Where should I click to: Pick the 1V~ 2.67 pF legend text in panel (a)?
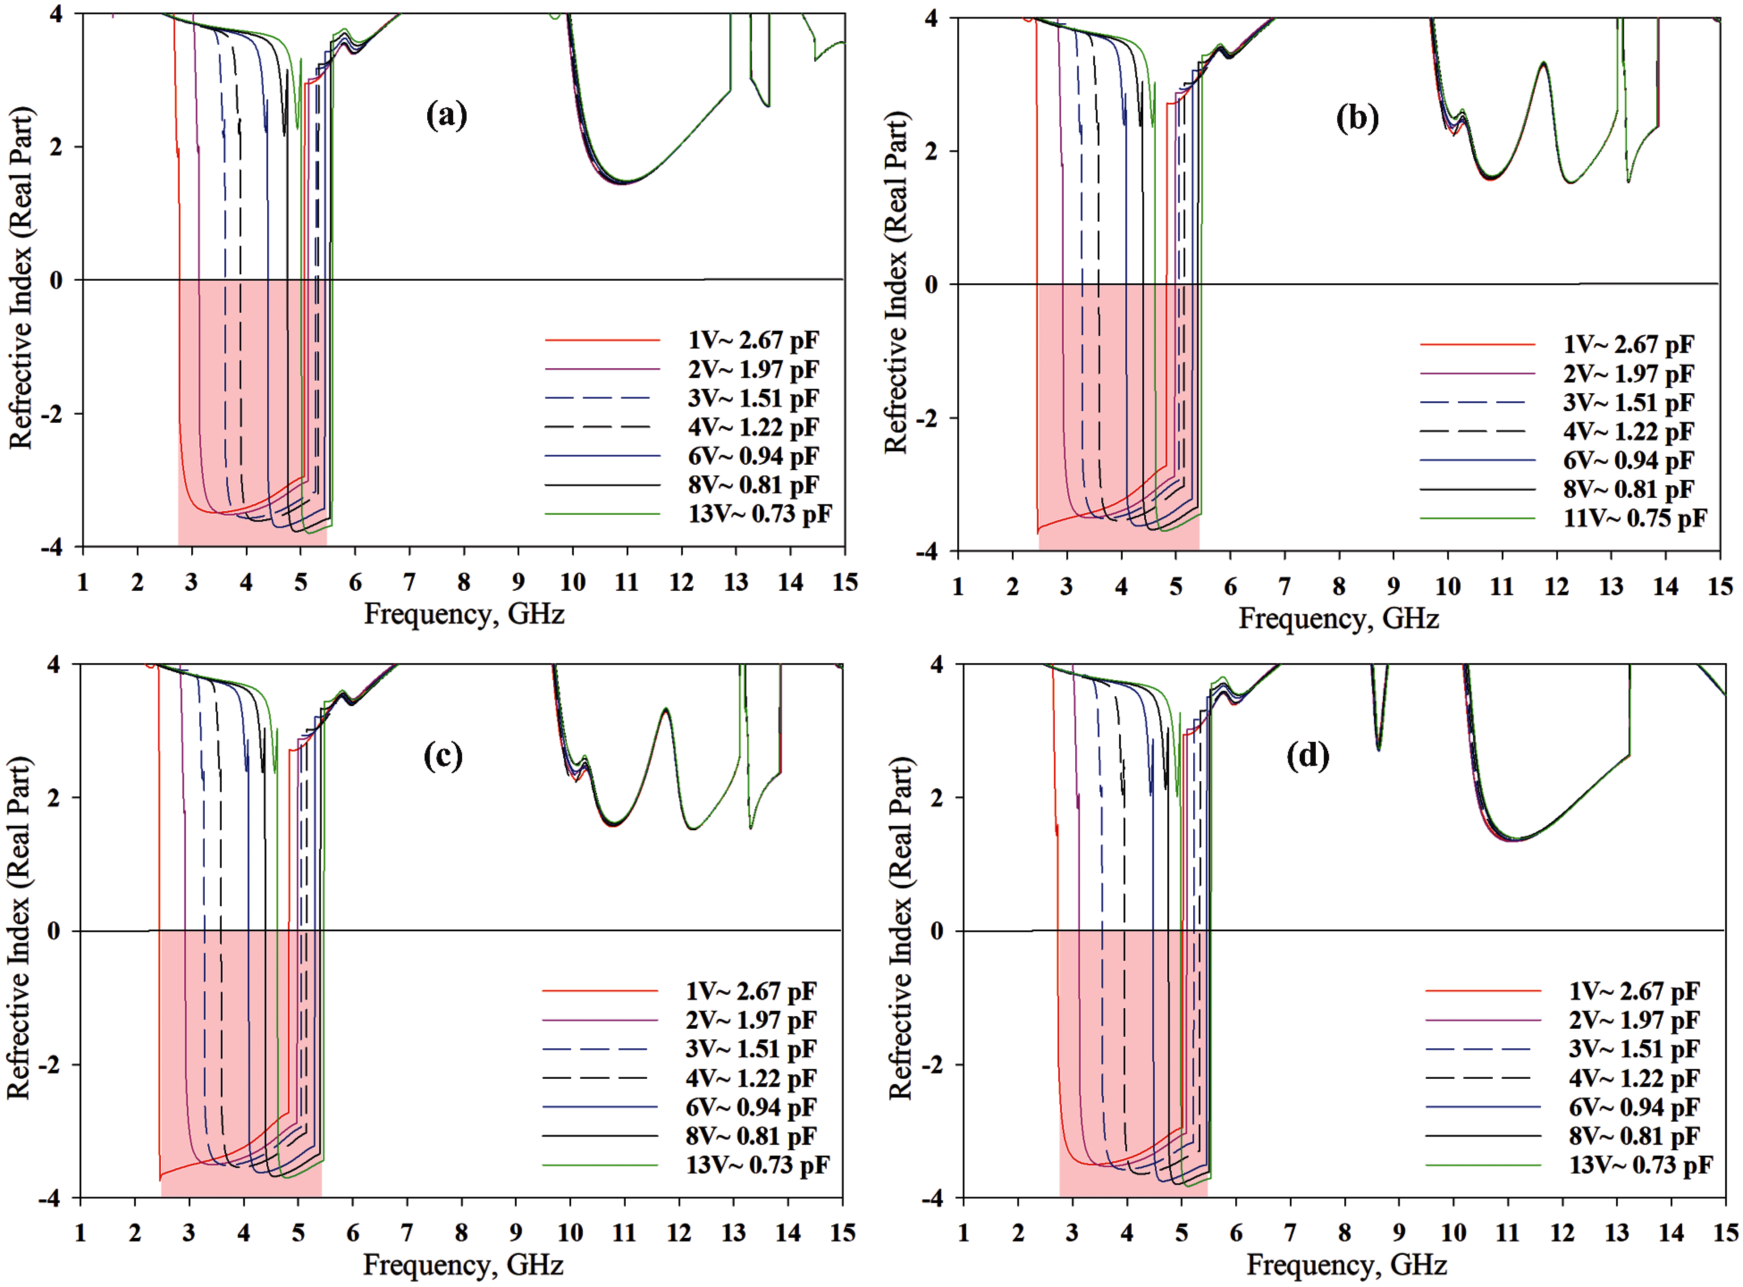753,341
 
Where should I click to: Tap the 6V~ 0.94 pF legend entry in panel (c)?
750,1107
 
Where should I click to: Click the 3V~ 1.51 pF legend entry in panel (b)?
1628,403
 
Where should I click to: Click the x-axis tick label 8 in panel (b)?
1339,587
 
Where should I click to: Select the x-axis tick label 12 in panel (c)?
679,1232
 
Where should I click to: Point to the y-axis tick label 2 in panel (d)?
937,798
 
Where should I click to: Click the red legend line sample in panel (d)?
1483,991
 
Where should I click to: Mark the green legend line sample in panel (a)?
602,514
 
